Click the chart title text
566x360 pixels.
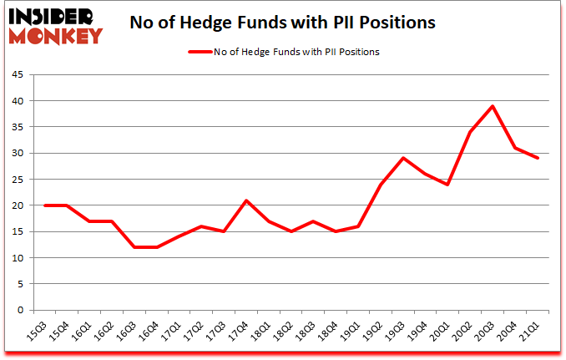(282, 23)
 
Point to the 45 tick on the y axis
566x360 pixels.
(17, 74)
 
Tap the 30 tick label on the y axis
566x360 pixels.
(17, 153)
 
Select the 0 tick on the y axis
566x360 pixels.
(19, 310)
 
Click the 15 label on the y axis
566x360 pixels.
(17, 231)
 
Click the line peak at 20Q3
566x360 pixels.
(493, 106)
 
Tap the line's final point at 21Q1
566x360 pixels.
(538, 158)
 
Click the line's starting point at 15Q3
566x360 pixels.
(44, 205)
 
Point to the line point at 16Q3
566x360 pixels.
(135, 247)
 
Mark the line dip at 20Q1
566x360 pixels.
(447, 185)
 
